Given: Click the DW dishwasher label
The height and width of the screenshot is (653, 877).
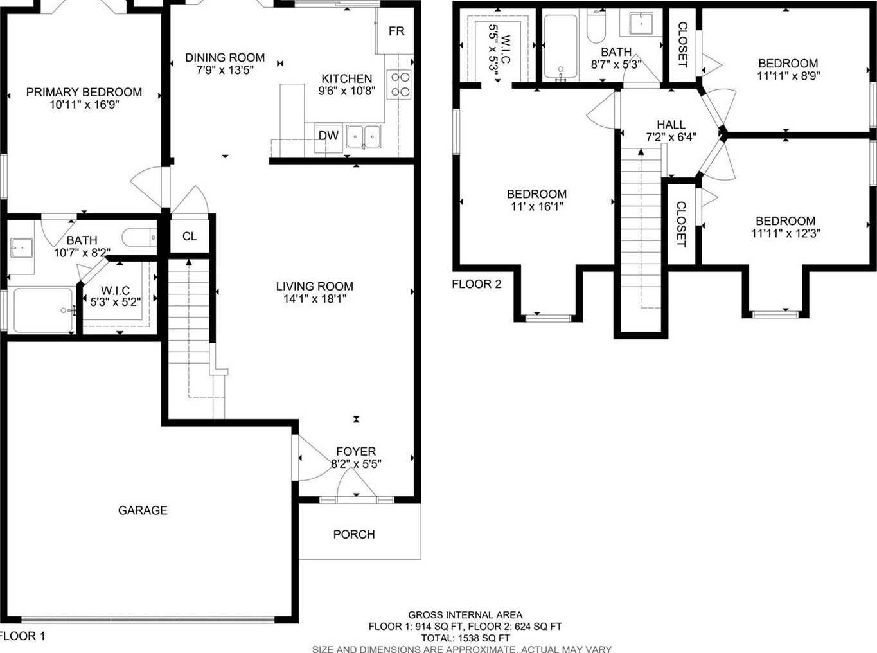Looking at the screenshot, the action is tap(328, 136).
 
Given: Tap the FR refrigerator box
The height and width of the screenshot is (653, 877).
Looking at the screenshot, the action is tap(395, 31).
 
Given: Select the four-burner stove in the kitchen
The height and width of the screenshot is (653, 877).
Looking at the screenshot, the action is tap(398, 85).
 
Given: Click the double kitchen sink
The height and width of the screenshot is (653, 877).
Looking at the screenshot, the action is tap(364, 136).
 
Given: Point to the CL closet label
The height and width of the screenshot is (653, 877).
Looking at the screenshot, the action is tap(190, 236).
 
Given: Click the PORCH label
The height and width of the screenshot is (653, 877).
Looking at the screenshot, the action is tap(354, 534).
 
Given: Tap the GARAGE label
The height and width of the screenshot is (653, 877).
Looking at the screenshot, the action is tap(143, 510).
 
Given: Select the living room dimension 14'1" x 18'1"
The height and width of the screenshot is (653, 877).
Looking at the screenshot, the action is tap(315, 299).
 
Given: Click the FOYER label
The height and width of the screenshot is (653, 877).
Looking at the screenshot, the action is tap(356, 451).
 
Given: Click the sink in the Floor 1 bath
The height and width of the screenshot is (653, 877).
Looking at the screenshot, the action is tap(21, 247).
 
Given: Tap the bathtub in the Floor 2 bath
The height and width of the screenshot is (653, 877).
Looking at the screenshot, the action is tap(560, 47).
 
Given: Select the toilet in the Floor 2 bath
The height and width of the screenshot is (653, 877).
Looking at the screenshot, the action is tap(596, 26).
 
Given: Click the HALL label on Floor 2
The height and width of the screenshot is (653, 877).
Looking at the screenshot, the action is tap(671, 125).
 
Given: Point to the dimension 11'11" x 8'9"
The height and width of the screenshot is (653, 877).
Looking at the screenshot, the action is tap(788, 76).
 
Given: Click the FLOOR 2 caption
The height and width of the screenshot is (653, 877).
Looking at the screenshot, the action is tap(477, 284).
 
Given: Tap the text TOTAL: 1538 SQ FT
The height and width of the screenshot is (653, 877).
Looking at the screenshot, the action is tap(465, 638).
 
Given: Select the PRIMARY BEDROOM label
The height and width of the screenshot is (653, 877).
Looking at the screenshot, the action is tap(84, 92).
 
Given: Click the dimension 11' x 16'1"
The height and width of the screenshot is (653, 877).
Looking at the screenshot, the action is tap(537, 206).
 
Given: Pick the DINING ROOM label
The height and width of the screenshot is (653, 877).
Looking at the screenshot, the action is tap(225, 58).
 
